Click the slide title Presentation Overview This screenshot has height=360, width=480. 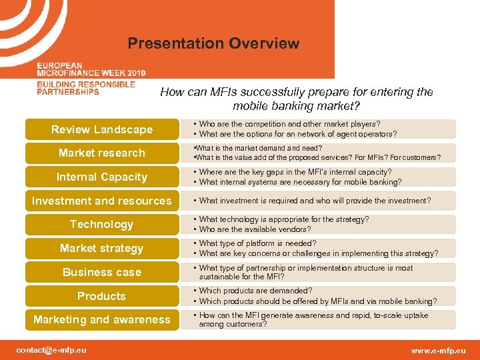point(213,44)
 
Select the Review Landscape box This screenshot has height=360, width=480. point(102,129)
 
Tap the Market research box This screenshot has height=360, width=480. point(102,153)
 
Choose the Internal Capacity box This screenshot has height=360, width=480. point(102,177)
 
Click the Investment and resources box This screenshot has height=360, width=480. point(102,201)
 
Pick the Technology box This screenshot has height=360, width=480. point(102,225)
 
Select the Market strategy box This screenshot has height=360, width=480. point(102,248)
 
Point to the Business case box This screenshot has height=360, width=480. point(102,272)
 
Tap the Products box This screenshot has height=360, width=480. point(102,296)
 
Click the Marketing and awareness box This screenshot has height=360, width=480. point(102,320)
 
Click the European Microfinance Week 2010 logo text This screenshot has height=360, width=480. point(91,69)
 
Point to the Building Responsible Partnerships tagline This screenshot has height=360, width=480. point(86,88)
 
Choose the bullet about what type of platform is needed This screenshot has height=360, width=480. point(257,244)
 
